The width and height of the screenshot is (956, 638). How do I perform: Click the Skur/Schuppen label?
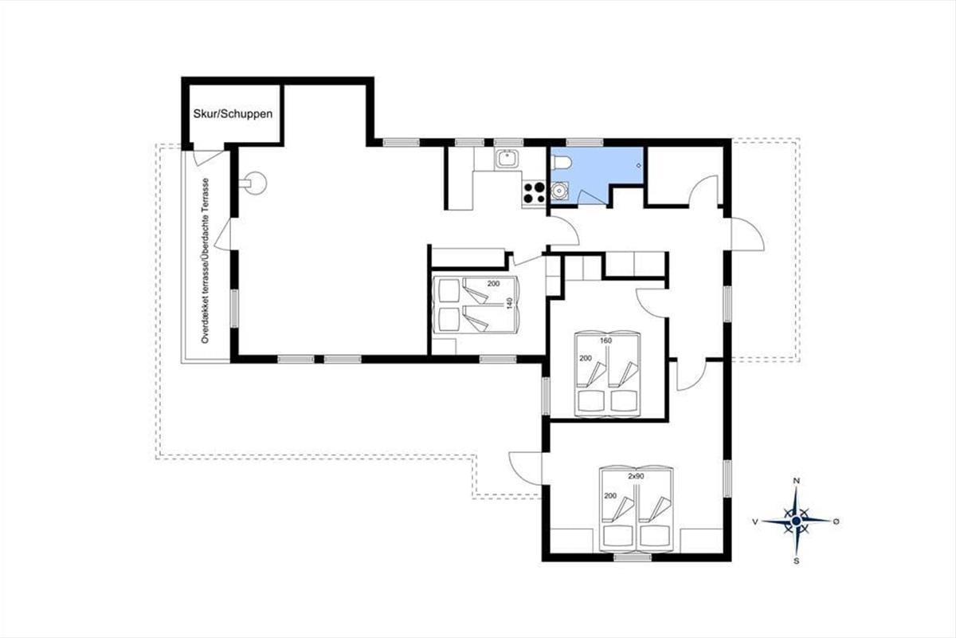(x=233, y=114)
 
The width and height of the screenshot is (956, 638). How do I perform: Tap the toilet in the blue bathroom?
(x=561, y=163)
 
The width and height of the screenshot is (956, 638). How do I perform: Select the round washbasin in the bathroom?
(x=559, y=191)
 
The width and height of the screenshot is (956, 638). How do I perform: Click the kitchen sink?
(x=507, y=159)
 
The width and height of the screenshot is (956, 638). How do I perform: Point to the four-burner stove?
(x=535, y=193)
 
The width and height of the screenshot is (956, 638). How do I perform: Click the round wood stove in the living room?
(x=255, y=183)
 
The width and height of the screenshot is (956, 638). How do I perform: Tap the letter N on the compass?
(x=796, y=481)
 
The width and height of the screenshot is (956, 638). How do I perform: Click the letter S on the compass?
(x=796, y=561)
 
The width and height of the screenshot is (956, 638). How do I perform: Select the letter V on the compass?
(x=755, y=522)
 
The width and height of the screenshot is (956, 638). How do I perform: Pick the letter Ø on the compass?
(x=836, y=522)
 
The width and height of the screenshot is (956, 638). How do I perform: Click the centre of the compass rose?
(x=796, y=522)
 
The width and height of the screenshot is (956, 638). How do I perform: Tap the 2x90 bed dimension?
(x=636, y=476)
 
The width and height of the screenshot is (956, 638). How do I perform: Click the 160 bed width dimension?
(x=605, y=341)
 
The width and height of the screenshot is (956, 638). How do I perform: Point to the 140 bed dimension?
(x=509, y=303)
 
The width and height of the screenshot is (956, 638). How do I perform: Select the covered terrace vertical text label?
(x=206, y=261)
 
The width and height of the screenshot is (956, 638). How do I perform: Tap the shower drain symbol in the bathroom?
(x=639, y=165)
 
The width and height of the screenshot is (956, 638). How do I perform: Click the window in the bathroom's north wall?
(x=584, y=142)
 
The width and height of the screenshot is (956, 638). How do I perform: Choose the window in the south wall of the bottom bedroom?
(x=633, y=557)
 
